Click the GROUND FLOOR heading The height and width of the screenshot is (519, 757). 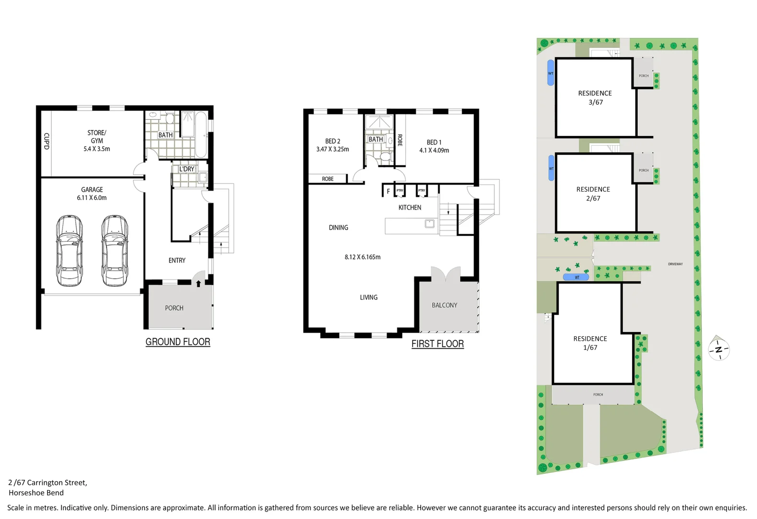(x=178, y=342)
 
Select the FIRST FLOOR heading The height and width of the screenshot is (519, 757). (x=438, y=344)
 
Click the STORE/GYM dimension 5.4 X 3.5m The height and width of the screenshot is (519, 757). (x=97, y=149)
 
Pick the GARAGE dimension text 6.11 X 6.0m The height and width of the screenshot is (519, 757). (x=92, y=198)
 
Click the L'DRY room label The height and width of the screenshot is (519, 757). (x=186, y=169)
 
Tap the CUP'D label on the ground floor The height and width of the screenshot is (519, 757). (x=46, y=141)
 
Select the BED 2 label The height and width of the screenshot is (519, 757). (x=332, y=141)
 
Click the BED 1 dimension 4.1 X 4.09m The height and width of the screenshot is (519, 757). (x=434, y=150)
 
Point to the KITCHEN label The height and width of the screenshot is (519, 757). (x=410, y=208)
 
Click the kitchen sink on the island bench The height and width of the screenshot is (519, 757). (x=429, y=223)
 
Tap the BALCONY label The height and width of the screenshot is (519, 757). (x=444, y=305)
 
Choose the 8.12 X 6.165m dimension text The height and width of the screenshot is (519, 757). (x=362, y=257)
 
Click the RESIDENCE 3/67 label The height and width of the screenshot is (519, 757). (x=595, y=98)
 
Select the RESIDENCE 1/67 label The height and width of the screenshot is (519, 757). (x=590, y=343)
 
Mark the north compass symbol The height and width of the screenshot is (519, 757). (x=719, y=349)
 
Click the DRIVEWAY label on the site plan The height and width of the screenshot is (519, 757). (x=675, y=264)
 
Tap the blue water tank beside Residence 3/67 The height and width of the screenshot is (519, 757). (x=550, y=73)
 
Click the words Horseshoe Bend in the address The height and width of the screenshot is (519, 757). (x=36, y=493)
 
